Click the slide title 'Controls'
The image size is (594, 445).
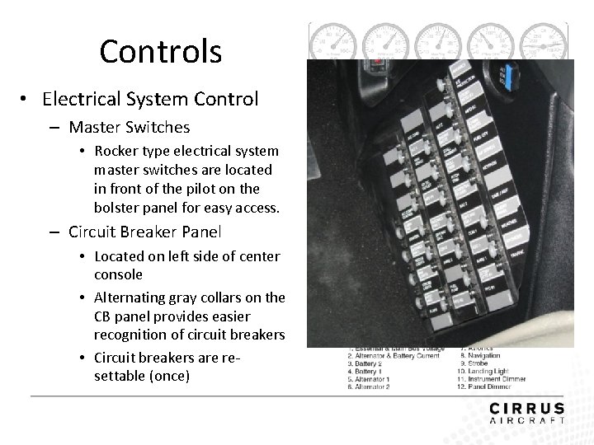(161, 52)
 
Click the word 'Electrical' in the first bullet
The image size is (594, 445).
(82, 100)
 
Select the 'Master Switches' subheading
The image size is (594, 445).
(130, 128)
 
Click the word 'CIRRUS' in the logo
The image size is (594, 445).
(527, 408)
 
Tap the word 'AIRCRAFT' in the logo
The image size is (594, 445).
(527, 420)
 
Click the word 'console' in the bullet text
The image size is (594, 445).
(120, 274)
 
